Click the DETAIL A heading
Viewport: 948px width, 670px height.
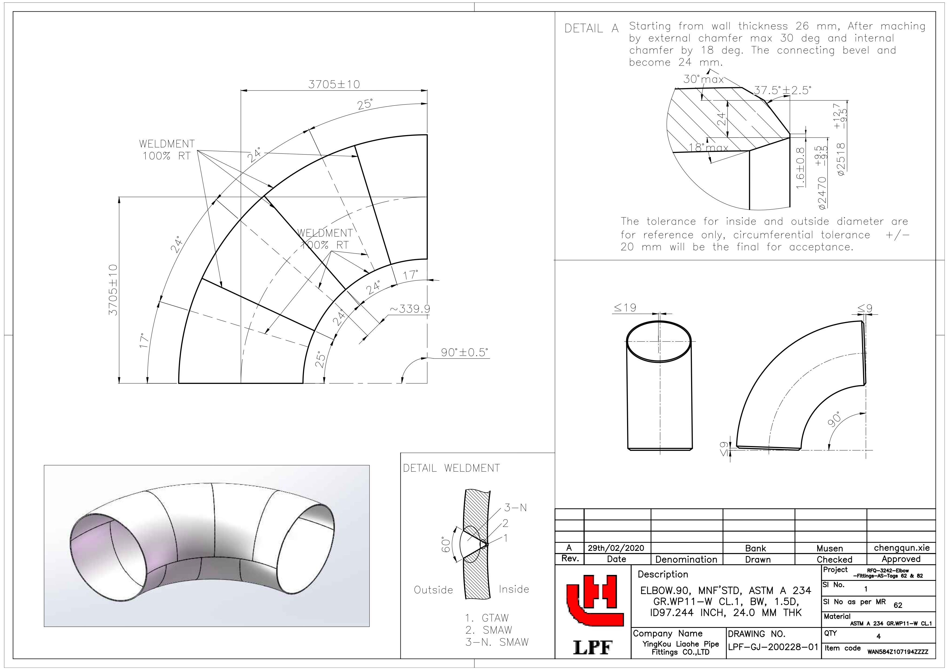coord(591,28)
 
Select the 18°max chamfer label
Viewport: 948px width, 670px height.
coord(709,148)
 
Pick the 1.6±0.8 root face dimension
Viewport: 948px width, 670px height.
coord(800,168)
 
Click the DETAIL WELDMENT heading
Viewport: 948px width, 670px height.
coord(451,468)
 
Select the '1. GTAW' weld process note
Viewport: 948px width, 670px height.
coord(487,618)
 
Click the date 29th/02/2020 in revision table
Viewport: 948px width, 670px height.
coord(616,548)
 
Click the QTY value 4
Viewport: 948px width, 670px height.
coord(878,636)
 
